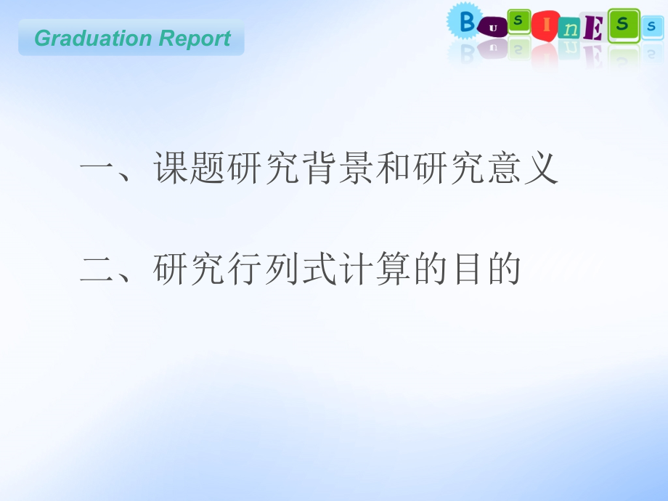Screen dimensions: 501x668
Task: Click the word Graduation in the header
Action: point(82,38)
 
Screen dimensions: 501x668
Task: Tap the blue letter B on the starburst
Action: point(467,23)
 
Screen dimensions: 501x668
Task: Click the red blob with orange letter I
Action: point(544,25)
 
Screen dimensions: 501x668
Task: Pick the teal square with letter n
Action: point(571,30)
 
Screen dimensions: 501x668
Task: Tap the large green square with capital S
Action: point(622,25)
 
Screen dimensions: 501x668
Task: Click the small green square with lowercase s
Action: point(518,21)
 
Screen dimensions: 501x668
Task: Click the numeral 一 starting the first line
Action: point(97,171)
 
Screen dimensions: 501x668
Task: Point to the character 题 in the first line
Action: point(209,170)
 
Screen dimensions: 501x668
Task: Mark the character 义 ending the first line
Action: point(540,170)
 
